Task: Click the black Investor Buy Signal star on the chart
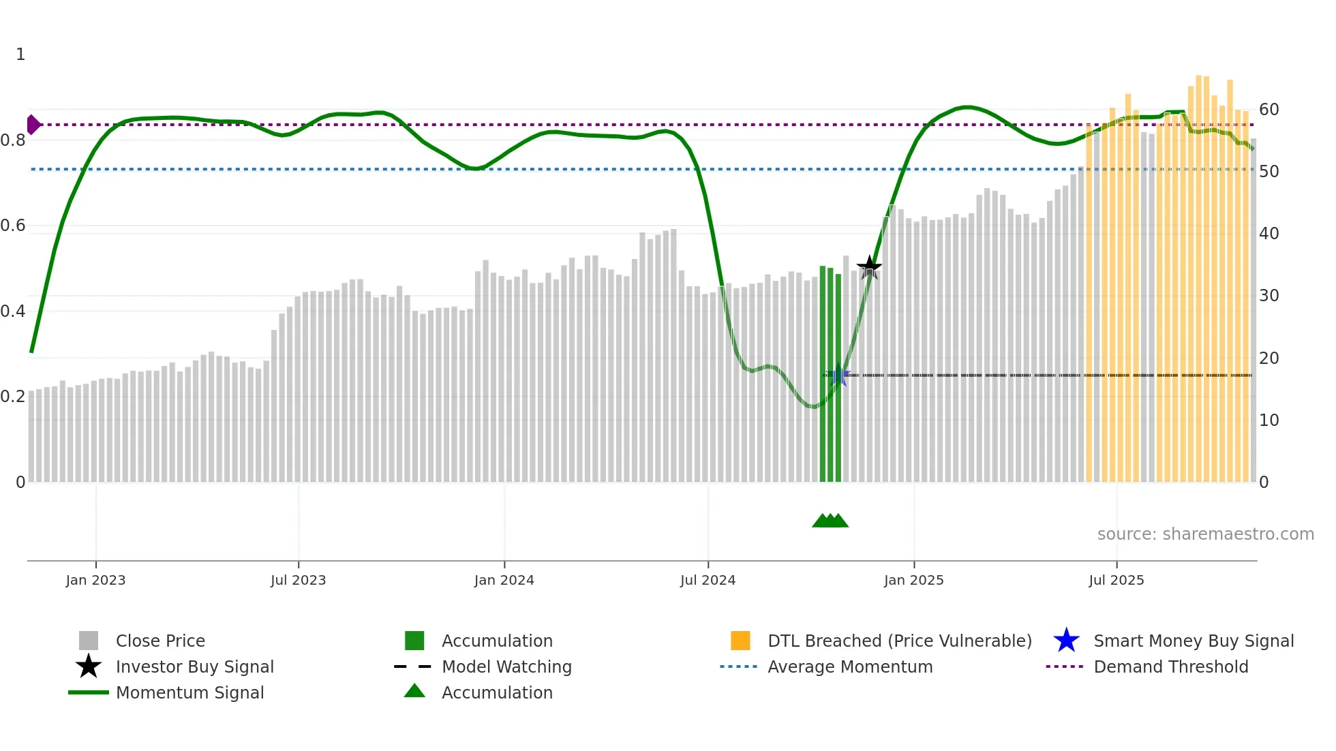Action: (869, 267)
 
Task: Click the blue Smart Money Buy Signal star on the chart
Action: (838, 375)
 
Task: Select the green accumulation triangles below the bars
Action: (830, 521)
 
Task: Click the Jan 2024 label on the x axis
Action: (504, 580)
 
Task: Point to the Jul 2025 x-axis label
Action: (1116, 580)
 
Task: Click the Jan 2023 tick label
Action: (95, 580)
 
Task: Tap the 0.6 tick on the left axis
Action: (13, 226)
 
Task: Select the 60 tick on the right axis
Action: (1269, 110)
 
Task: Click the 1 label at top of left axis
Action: (20, 55)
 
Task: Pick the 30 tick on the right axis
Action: (1269, 296)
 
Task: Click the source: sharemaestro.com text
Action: (1205, 534)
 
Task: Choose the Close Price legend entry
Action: (160, 641)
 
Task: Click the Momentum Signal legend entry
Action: (189, 692)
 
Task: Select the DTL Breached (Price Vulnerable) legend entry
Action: (899, 641)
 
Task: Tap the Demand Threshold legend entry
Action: (1170, 666)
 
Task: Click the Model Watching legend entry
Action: (506, 666)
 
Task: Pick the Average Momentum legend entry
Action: (850, 666)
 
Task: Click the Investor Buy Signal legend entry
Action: (194, 666)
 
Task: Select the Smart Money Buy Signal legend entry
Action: (1193, 641)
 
